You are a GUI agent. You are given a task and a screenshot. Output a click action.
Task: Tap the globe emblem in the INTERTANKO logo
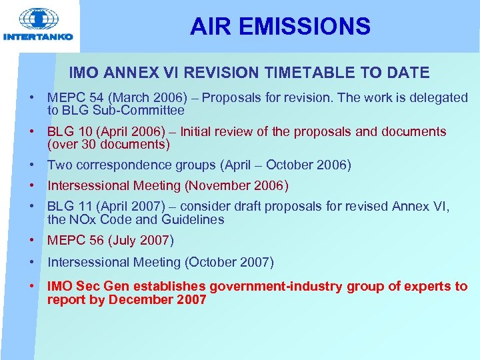(x=37, y=19)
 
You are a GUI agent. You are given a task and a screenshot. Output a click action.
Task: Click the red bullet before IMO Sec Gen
(x=32, y=287)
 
